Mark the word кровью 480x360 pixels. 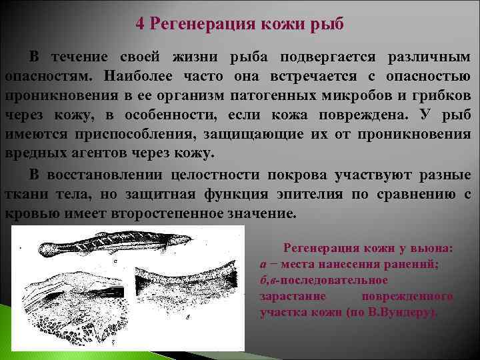(29, 213)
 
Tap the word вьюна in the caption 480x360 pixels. (431, 249)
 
